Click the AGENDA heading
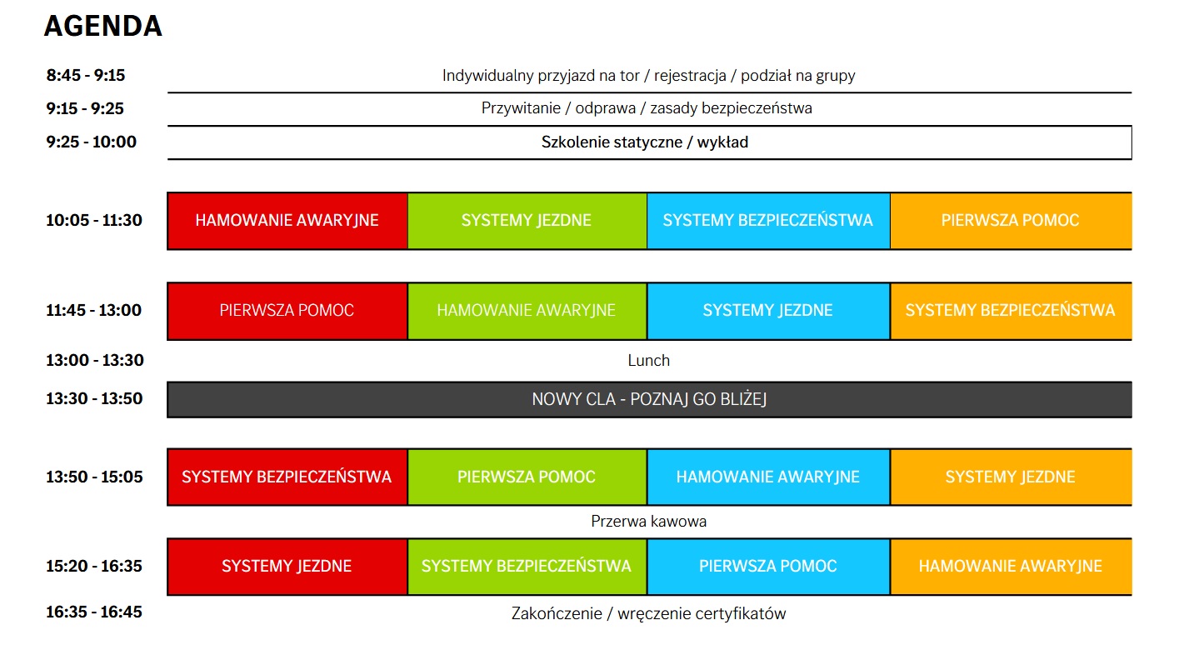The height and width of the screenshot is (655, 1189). (x=103, y=26)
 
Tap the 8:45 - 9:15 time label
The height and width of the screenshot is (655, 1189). (x=86, y=75)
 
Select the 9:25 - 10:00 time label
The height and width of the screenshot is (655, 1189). (x=92, y=142)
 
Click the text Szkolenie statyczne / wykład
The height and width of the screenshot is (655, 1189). (x=645, y=142)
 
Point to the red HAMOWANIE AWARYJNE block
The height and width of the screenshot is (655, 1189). (x=287, y=221)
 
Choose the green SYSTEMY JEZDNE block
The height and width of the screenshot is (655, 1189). (x=527, y=221)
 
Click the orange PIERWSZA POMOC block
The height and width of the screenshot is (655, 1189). (x=1011, y=221)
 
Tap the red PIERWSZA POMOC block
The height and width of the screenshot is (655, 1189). (x=287, y=311)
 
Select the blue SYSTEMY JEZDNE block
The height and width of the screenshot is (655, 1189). (x=768, y=311)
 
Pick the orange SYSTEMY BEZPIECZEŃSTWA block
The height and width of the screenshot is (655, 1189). (x=1011, y=311)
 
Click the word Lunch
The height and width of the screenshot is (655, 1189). (x=648, y=361)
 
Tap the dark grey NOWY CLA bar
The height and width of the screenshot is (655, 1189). (x=649, y=400)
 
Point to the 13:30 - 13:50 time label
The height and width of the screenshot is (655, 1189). (x=94, y=398)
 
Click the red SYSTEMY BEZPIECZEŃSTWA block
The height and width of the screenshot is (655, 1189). (x=287, y=477)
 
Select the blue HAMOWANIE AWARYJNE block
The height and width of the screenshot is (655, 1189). (x=768, y=477)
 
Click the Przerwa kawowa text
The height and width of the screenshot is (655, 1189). (x=648, y=521)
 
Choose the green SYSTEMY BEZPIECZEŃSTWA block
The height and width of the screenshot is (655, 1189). (x=527, y=567)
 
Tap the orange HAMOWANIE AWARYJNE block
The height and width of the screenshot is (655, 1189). (x=1011, y=567)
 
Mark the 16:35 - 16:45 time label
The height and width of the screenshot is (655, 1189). (x=94, y=612)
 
